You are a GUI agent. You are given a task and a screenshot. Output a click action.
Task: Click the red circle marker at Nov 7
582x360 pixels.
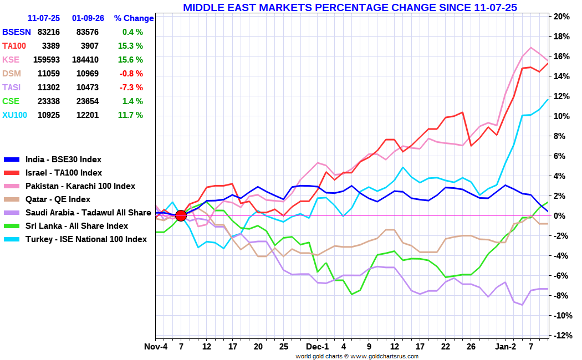181,215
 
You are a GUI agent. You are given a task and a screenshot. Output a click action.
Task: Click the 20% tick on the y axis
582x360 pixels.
562,17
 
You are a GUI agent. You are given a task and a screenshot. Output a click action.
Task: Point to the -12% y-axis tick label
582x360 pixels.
561,336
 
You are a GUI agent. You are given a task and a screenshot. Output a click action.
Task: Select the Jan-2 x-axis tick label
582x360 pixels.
505,347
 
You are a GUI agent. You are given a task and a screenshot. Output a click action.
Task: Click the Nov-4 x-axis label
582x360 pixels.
156,347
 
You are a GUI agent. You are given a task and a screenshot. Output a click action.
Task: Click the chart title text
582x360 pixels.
350,7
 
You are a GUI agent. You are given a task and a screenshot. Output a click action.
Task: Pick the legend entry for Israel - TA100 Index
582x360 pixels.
63,173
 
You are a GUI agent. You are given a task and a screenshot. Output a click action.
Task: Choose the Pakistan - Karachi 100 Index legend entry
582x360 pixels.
80,186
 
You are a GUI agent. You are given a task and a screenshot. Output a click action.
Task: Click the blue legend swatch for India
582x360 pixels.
11,160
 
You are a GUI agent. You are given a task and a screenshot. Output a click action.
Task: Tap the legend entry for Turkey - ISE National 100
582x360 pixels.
86,239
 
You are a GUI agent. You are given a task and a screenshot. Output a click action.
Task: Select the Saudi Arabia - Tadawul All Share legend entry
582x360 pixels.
88,213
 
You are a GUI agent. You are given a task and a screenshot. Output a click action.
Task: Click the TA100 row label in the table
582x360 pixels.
14,46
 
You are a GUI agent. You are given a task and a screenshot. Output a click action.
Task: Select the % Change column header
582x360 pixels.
134,18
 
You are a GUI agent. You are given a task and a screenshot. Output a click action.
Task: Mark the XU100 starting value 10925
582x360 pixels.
48,115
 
